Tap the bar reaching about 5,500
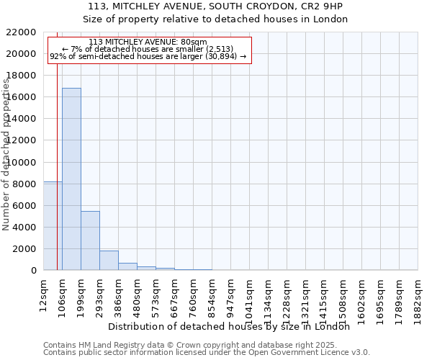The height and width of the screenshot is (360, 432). coord(90,240)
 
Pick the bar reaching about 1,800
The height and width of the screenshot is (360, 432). coord(109,260)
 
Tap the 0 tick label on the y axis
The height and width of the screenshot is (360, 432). coord(33,271)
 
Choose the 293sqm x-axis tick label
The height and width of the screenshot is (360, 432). coord(99,293)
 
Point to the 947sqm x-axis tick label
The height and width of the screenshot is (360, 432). coord(230,293)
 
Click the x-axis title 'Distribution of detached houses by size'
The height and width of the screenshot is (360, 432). coord(233,326)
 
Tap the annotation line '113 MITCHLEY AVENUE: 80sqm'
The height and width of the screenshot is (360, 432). coord(148,42)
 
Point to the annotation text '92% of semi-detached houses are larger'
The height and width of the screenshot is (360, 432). coord(148,55)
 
